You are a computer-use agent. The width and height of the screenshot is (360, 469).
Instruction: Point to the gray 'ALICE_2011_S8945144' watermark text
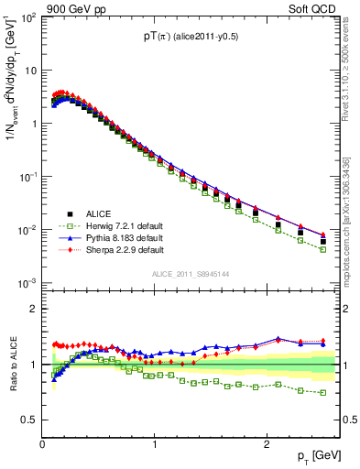click(x=191, y=274)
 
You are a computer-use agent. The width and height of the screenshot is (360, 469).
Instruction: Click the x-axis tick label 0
click(x=42, y=444)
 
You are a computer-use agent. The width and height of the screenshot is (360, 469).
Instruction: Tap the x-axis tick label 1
click(x=154, y=444)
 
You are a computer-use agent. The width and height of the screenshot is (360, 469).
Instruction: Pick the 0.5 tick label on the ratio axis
click(x=29, y=420)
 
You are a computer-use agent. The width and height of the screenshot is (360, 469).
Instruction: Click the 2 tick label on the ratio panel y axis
click(x=34, y=309)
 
